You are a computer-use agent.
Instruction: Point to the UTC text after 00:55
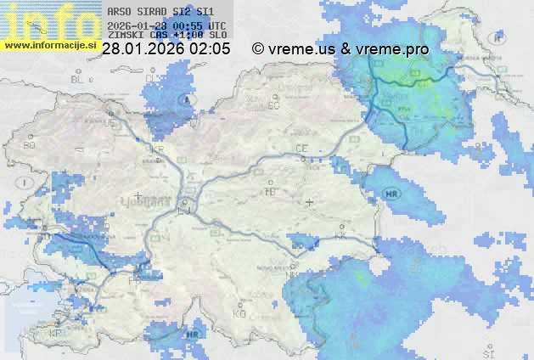coord(216,25)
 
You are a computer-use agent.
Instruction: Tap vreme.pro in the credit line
coord(392,49)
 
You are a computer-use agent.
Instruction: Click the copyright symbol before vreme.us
coord(258,49)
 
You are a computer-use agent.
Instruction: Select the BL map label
coord(80,78)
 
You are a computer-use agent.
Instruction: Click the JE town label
coord(110,123)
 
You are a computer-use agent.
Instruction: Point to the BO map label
coord(30,145)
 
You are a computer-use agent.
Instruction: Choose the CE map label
coord(301,148)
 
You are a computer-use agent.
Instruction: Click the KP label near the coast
coord(56,333)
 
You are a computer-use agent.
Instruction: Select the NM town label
coord(290,275)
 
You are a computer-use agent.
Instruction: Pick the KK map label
coord(340,239)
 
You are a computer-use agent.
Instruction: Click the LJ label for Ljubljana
coord(185,209)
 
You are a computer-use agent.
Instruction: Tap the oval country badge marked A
coord(186,99)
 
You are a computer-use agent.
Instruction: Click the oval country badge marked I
coord(27,182)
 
